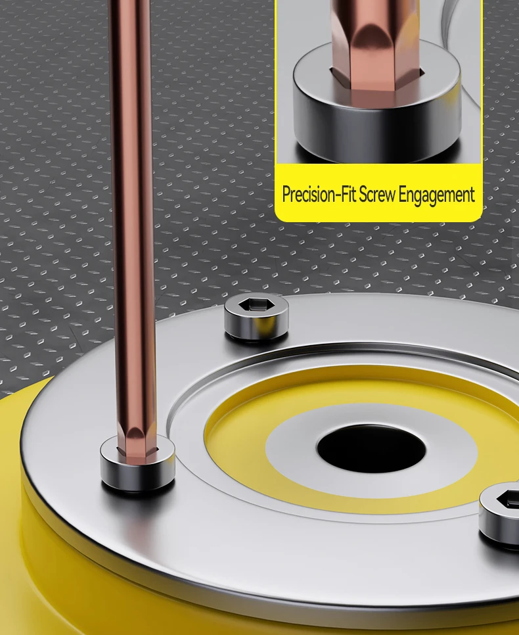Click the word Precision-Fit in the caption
[319, 195]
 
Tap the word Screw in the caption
[377, 195]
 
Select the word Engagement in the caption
[436, 195]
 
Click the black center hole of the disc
[371, 448]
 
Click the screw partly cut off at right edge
[499, 513]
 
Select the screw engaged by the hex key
[138, 463]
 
